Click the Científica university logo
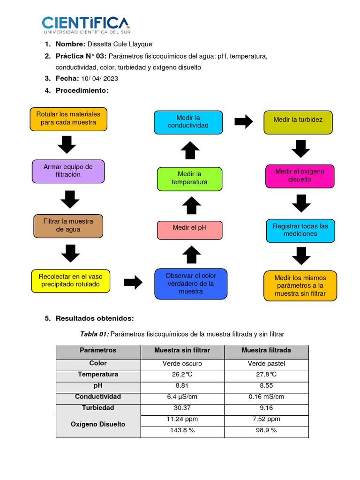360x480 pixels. click(x=86, y=25)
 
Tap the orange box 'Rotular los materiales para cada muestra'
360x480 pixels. click(x=68, y=119)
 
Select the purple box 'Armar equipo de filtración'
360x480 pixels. click(x=68, y=171)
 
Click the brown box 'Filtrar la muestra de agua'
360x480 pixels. click(x=68, y=225)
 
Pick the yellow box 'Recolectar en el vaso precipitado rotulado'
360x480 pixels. click(x=71, y=280)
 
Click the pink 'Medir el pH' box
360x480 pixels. click(x=189, y=228)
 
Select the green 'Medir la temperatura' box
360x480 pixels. click(x=189, y=178)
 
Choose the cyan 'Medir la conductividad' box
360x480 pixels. click(x=188, y=122)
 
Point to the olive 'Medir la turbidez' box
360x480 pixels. click(x=298, y=120)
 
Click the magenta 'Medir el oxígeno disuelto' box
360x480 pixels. click(x=300, y=175)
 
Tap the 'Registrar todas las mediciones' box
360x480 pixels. click(x=300, y=230)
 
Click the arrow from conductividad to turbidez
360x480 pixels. click(x=243, y=122)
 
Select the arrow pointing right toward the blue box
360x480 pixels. click(x=133, y=282)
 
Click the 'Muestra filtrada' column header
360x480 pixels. click(x=266, y=351)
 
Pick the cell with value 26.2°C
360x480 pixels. click(x=182, y=375)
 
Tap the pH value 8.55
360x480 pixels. click(x=266, y=386)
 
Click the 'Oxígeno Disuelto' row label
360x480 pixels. click(x=98, y=424)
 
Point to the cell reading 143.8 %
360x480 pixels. click(x=182, y=430)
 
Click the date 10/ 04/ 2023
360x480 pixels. click(x=99, y=78)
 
